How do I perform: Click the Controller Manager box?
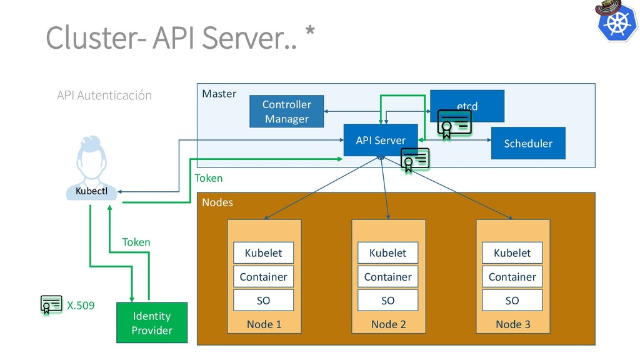(286, 111)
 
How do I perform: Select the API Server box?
(380, 140)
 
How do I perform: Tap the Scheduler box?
(528, 143)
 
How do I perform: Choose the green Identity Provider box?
(152, 322)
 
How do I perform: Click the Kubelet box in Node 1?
(263, 252)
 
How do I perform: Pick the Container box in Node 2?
(387, 276)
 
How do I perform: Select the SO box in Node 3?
(512, 300)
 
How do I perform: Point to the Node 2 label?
(388, 324)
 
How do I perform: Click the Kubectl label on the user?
(92, 191)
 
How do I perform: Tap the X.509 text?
(81, 306)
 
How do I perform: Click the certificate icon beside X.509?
(51, 304)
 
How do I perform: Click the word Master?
(219, 94)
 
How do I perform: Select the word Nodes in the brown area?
(217, 202)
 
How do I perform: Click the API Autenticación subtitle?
(104, 95)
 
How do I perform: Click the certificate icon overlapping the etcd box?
(454, 123)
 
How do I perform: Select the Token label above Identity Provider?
(136, 242)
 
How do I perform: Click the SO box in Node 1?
(263, 300)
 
